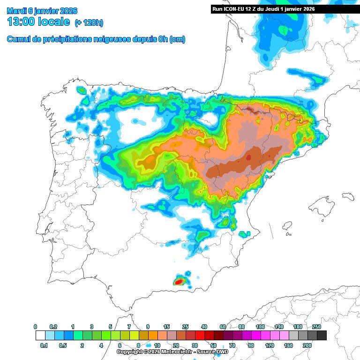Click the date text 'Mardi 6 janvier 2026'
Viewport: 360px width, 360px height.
click(42, 11)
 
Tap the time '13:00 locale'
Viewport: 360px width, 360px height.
click(38, 22)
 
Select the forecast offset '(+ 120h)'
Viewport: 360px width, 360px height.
click(89, 23)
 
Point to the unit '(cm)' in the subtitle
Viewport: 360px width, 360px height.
click(177, 39)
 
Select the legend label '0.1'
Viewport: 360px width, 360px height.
click(44, 345)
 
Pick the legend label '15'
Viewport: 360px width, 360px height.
click(166, 327)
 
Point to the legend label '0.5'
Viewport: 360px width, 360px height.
click(63, 345)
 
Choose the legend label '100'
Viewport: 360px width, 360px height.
click(260, 327)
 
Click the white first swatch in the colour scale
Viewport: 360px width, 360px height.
click(40, 336)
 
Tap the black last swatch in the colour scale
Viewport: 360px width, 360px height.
click(322, 336)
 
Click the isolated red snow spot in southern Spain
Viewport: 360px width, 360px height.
click(180, 282)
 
